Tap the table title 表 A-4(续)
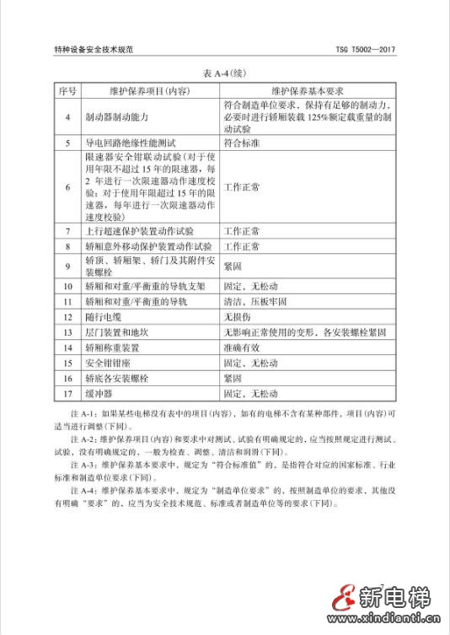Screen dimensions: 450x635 [x=224, y=73]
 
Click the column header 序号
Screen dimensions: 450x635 [x=67, y=89]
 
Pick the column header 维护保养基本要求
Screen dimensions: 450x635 [x=308, y=89]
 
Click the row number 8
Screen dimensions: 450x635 [x=67, y=246]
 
